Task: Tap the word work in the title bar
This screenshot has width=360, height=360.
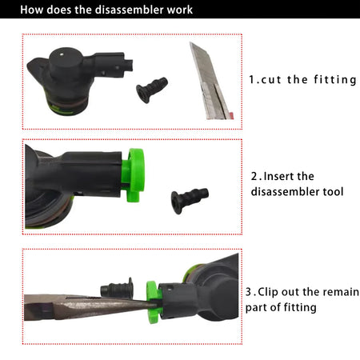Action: tap(180, 10)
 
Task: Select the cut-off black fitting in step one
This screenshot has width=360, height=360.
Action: tap(152, 90)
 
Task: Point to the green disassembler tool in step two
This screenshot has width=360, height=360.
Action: tap(134, 174)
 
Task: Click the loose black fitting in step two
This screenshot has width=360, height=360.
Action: tap(190, 200)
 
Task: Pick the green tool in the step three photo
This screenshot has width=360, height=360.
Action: tap(154, 302)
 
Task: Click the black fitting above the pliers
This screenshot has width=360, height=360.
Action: tap(117, 288)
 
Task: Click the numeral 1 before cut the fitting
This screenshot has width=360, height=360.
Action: tap(252, 79)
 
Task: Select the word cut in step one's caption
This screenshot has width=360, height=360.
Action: tap(271, 80)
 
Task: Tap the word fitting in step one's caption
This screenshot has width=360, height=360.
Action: tap(335, 80)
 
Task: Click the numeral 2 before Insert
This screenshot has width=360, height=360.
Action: tap(254, 177)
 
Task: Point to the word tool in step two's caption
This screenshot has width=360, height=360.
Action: tap(333, 192)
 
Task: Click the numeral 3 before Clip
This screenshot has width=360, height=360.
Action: tap(249, 292)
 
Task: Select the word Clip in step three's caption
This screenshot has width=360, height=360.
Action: tap(268, 292)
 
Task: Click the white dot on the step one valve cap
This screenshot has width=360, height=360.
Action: tap(62, 54)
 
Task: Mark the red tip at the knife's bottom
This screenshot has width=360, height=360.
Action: tap(231, 115)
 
